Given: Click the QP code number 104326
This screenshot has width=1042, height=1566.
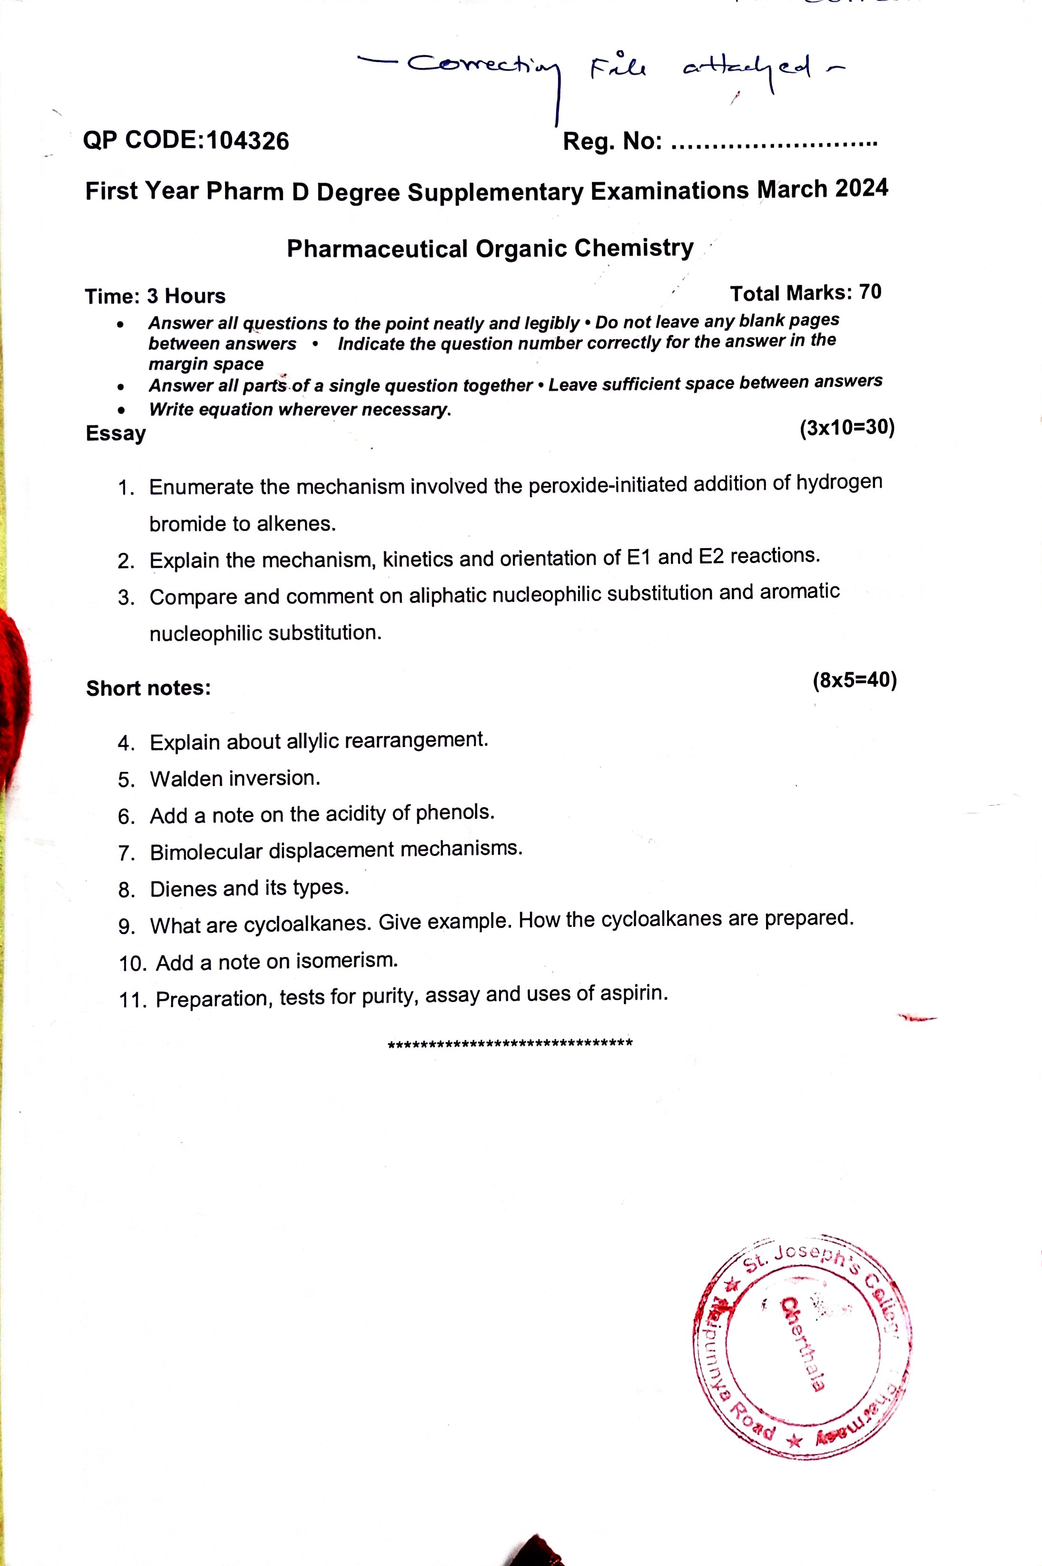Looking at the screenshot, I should click(x=248, y=141).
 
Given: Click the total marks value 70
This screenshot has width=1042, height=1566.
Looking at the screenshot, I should click(x=870, y=292).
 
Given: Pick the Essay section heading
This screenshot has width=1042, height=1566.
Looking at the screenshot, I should click(x=116, y=433).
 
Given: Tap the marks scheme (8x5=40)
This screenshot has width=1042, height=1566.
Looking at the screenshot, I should click(x=854, y=680).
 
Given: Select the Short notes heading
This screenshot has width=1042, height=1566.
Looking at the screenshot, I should click(x=148, y=688).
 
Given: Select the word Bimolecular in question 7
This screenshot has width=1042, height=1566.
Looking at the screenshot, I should click(x=206, y=851).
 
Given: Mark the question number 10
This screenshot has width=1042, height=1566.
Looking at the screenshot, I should click(x=132, y=963).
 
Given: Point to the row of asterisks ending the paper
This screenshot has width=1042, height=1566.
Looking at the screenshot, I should click(x=510, y=1043).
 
